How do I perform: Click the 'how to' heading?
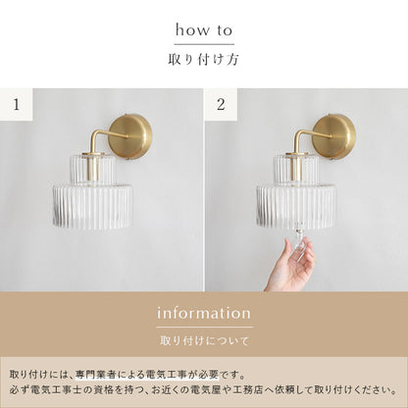[x=204, y=30]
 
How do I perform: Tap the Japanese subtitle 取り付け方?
[x=204, y=59]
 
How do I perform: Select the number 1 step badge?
[x=17, y=103]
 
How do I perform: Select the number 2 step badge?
[x=221, y=103]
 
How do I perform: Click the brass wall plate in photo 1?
[x=130, y=135]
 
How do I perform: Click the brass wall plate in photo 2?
[x=334, y=135]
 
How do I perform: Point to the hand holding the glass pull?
[x=291, y=262]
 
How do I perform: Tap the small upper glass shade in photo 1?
[x=90, y=167]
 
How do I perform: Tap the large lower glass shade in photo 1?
[x=90, y=205]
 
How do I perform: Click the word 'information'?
[x=204, y=314]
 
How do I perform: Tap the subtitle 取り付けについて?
[x=204, y=342]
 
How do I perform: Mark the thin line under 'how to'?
[x=204, y=44]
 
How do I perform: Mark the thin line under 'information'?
[x=204, y=328]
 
